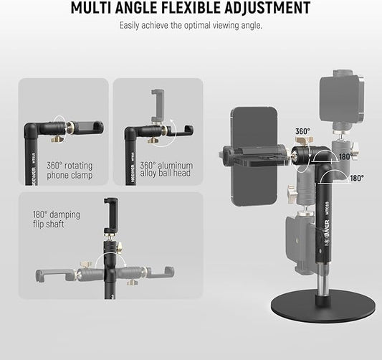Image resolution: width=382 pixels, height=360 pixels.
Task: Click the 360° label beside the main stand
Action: [x=302, y=131]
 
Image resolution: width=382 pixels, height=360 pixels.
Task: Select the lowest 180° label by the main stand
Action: [x=356, y=177]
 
